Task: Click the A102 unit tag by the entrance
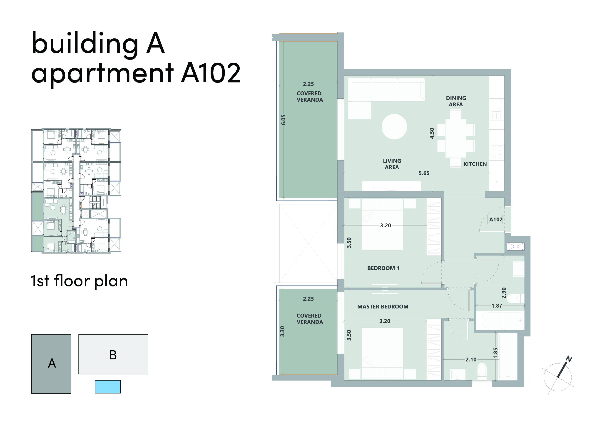pos(495,220)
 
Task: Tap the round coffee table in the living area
pos(394,127)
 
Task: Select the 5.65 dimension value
pos(424,173)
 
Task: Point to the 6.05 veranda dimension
pos(284,120)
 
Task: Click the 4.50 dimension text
pos(432,133)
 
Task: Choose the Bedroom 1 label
pos(383,268)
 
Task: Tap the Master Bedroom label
pos(383,307)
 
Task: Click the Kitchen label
pos(475,164)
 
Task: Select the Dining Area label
pos(456,101)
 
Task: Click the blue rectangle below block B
pos(107,386)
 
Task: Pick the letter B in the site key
pos(113,355)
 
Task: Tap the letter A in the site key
pos(52,363)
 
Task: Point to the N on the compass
pos(569,359)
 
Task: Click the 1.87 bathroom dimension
pos(497,306)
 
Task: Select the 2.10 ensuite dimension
pos(471,360)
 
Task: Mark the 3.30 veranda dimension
pos(282,331)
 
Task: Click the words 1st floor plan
pos(79,281)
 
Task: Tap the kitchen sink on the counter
pos(496,110)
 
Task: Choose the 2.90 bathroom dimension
pos(504,293)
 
